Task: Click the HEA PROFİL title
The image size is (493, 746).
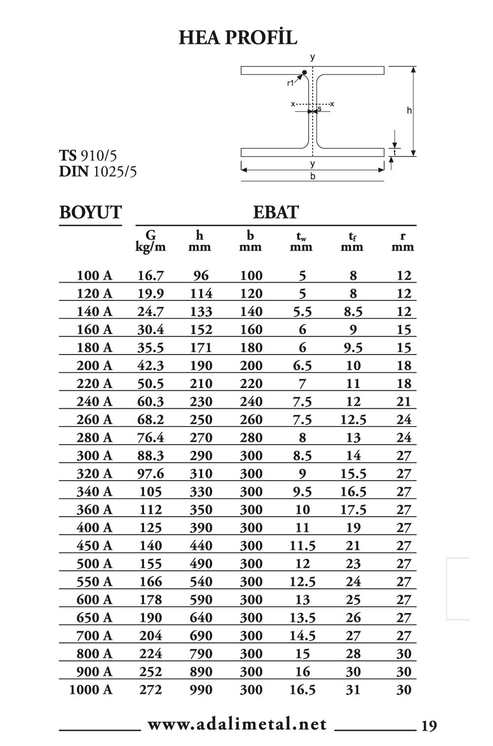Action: click(x=238, y=37)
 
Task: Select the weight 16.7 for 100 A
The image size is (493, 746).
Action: click(x=150, y=276)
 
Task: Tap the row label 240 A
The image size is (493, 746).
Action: click(x=94, y=402)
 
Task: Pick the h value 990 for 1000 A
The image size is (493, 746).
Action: click(x=201, y=690)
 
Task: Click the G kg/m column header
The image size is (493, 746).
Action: click(x=150, y=241)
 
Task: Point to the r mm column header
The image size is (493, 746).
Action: click(x=403, y=241)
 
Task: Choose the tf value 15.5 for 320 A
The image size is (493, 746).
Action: click(x=353, y=474)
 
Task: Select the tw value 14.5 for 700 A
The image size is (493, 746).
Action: click(x=302, y=636)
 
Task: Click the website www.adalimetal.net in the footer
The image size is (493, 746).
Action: click(x=237, y=724)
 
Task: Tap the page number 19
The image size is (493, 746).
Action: click(x=429, y=726)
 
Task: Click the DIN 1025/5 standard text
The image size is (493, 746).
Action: click(x=98, y=172)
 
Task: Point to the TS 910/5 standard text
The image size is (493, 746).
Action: click(x=88, y=156)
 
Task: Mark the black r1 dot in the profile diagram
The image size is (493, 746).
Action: click(x=305, y=73)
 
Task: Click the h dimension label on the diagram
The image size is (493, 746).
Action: click(x=409, y=111)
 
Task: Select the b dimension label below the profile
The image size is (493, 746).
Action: click(x=313, y=176)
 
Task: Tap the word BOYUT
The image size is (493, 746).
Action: click(x=90, y=212)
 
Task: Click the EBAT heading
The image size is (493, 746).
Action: click(x=276, y=212)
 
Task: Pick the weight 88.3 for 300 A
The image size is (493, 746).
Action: click(x=150, y=456)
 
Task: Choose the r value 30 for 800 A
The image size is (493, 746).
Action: click(x=404, y=654)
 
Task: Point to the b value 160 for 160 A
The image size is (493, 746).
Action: click(x=251, y=330)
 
